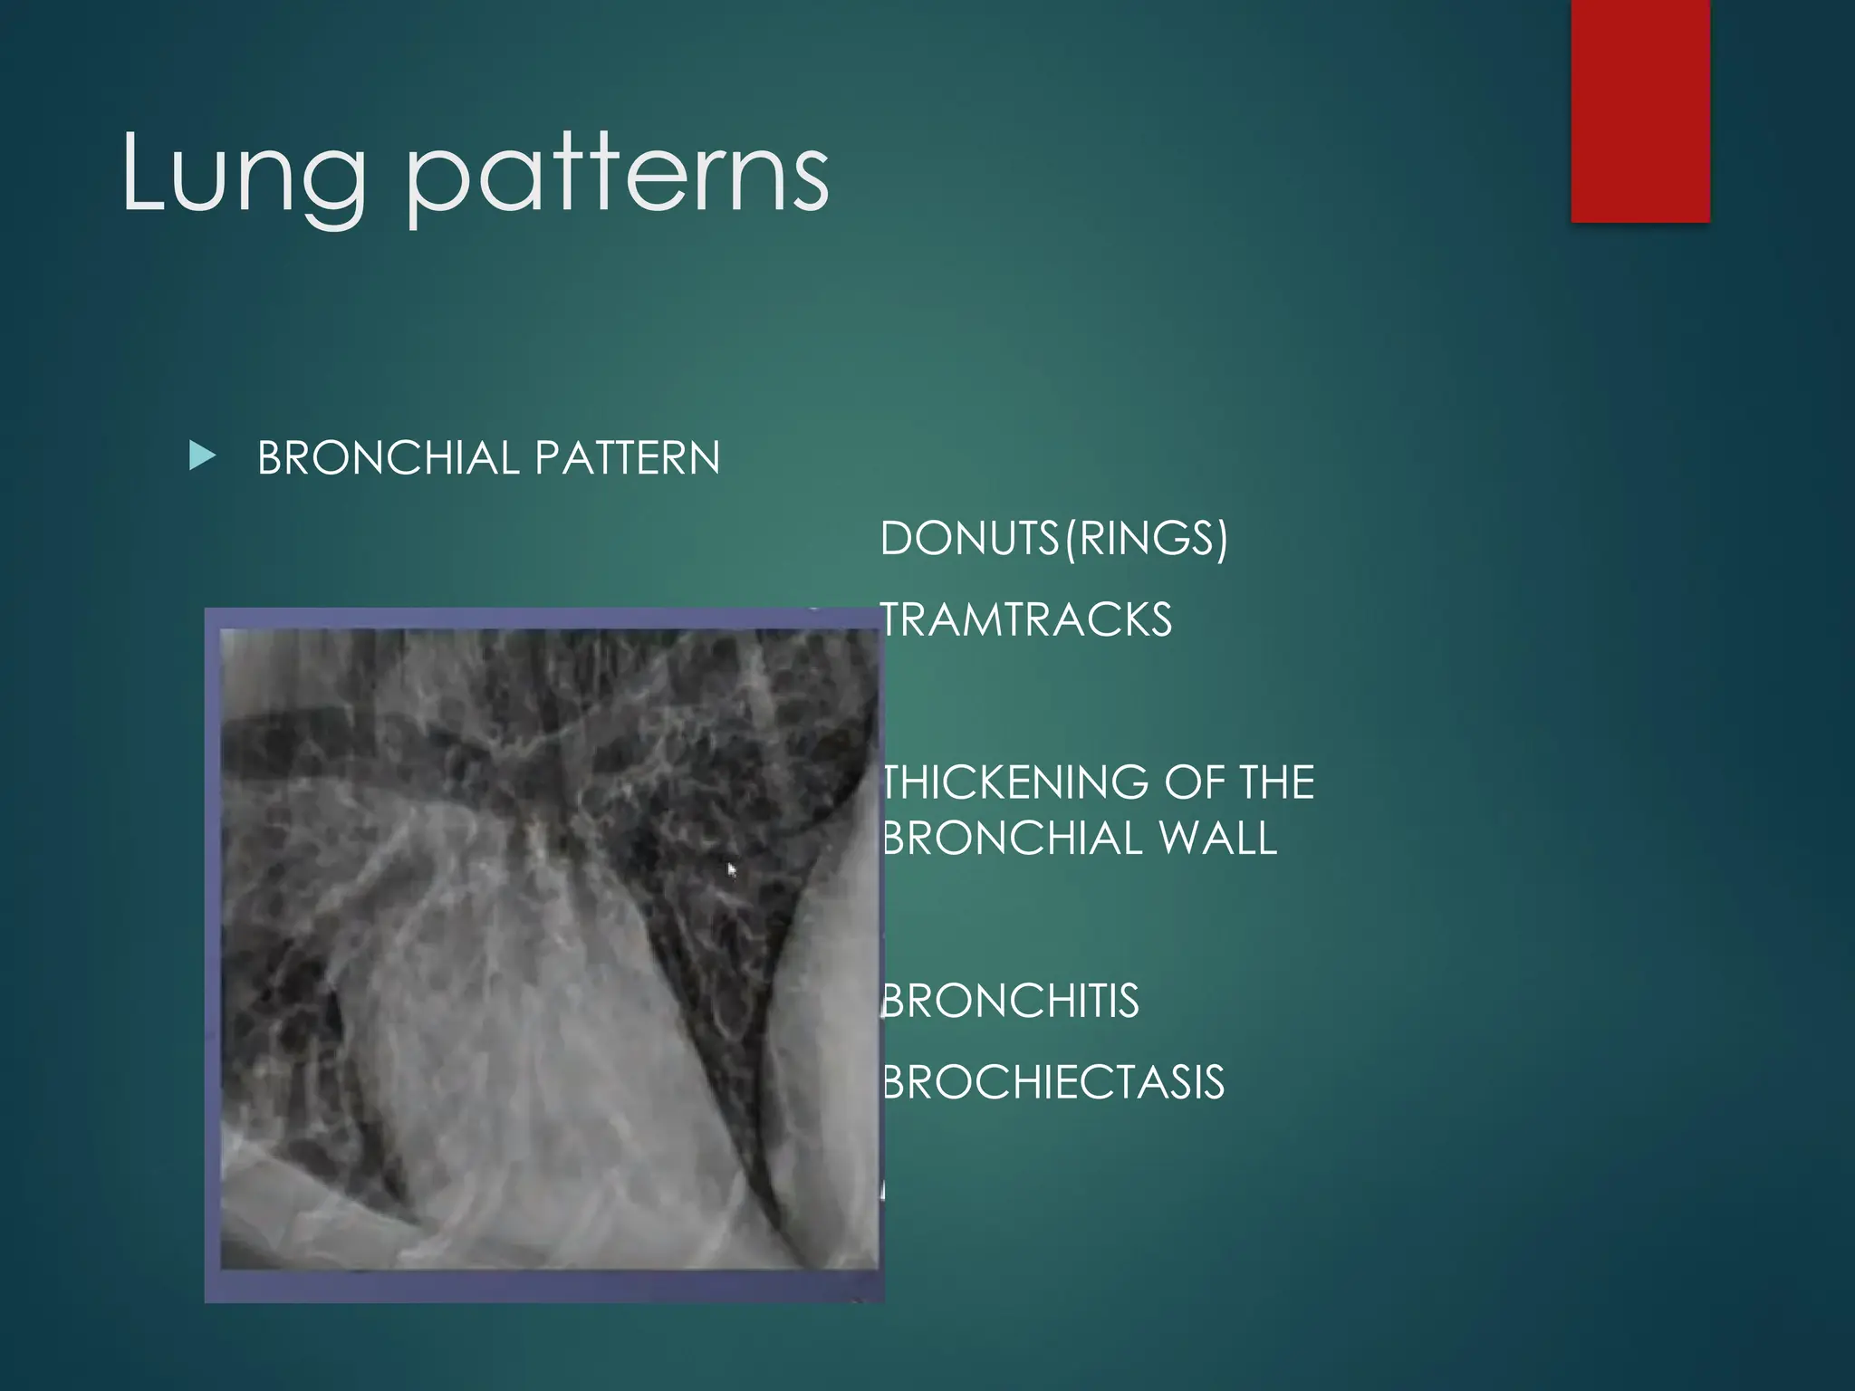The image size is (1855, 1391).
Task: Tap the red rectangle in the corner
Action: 1639,110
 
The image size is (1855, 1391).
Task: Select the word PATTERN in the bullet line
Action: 627,457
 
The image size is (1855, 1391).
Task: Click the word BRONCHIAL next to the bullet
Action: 388,457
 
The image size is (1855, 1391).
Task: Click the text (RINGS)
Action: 1145,539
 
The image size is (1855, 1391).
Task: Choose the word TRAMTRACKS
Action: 1026,620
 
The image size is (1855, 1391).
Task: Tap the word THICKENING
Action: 1015,782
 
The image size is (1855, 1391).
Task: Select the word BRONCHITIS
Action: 1010,1002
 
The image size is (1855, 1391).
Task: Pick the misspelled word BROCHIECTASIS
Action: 1052,1082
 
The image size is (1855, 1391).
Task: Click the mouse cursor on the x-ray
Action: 732,870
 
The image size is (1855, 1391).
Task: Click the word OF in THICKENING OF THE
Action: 1193,782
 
